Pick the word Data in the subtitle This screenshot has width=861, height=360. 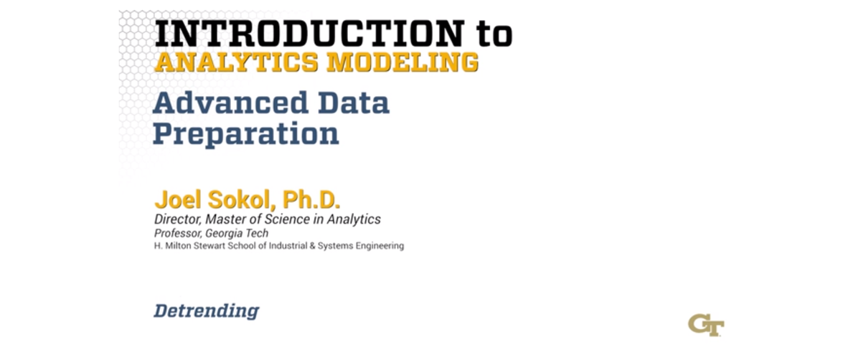(351, 103)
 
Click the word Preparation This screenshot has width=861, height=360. (246, 134)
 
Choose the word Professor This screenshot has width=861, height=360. (176, 234)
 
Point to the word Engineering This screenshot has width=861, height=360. (381, 246)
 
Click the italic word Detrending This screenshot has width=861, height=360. (206, 311)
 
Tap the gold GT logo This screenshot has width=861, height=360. (706, 324)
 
